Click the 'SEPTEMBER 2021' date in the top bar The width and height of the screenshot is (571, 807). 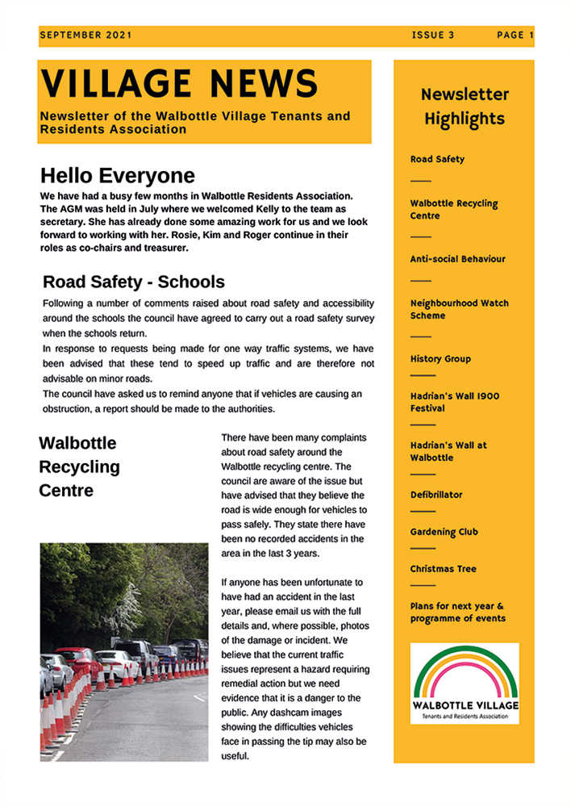click(x=85, y=36)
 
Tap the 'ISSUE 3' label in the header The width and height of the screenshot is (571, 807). click(x=433, y=36)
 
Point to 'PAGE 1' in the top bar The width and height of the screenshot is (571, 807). click(x=515, y=36)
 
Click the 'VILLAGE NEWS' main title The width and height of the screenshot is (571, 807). click(x=179, y=84)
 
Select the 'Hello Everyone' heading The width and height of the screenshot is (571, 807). click(x=118, y=176)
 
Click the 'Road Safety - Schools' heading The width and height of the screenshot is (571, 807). click(x=134, y=282)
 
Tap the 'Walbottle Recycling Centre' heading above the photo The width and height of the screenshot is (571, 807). click(x=79, y=466)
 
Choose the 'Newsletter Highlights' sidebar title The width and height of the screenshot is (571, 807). click(x=465, y=107)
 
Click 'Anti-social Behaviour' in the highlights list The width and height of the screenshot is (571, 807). click(x=457, y=259)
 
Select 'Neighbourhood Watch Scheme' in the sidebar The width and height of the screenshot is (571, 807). click(x=459, y=309)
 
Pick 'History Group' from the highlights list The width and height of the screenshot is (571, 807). click(x=440, y=359)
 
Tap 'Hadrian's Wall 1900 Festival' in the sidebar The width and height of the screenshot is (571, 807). click(x=454, y=402)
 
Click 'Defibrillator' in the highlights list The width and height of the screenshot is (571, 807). click(x=436, y=495)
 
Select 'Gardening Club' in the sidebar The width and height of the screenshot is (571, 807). click(x=444, y=532)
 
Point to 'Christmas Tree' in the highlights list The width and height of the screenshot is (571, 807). click(x=443, y=569)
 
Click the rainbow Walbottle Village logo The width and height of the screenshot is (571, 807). click(x=465, y=683)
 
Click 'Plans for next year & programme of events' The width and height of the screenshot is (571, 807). click(x=457, y=612)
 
